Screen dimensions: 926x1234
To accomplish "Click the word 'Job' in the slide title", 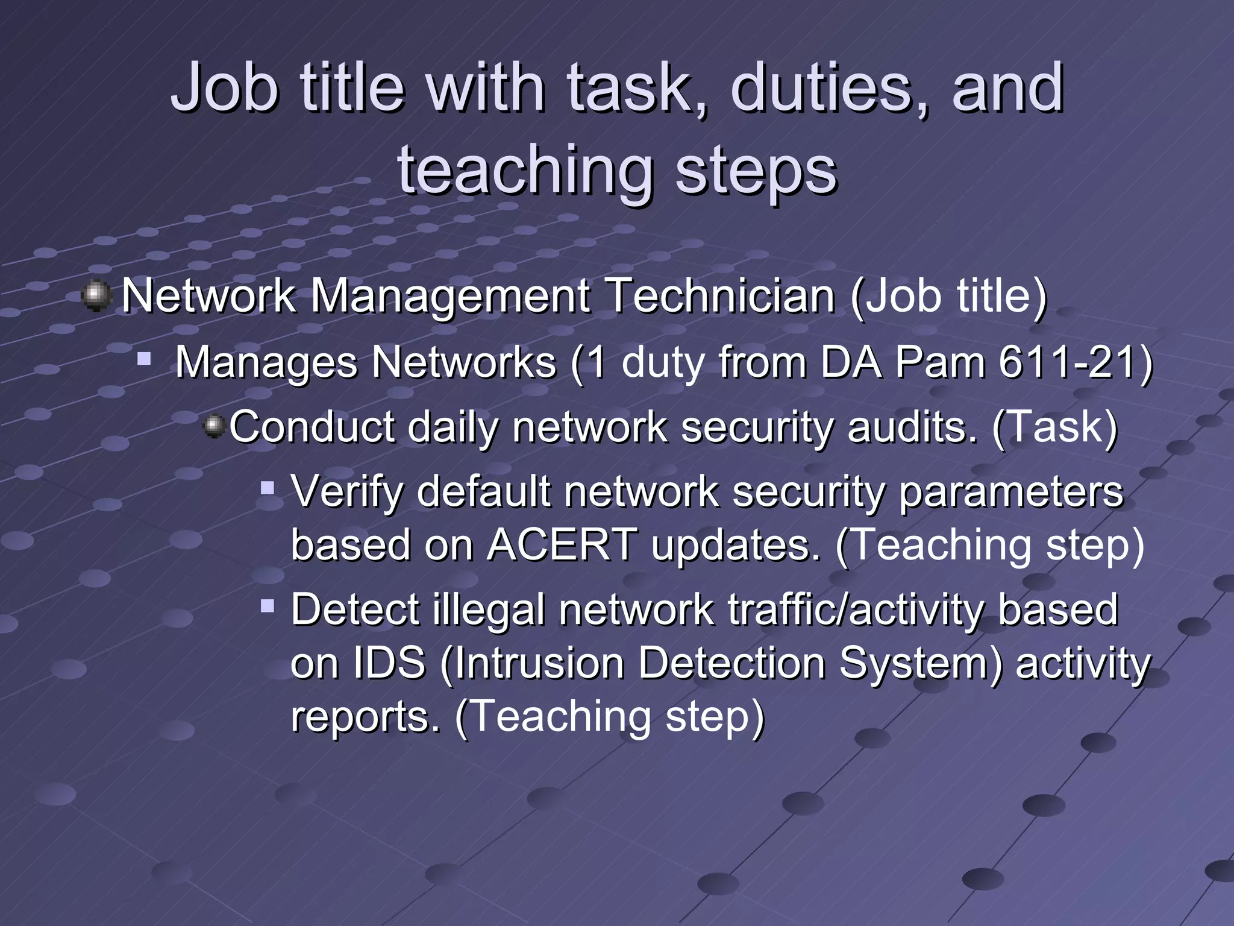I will (x=224, y=89).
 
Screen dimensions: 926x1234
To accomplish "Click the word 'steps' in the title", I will (x=756, y=171).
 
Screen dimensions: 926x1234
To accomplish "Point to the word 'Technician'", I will (x=720, y=297).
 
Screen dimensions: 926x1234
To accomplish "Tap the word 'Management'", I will (x=449, y=297).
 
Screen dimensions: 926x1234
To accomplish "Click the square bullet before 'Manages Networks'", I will (x=144, y=359).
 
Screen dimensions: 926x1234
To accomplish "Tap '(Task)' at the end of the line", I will (x=1054, y=427).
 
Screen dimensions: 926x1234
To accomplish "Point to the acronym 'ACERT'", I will (x=562, y=544).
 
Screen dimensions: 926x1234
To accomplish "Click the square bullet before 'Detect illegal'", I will (x=268, y=605).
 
